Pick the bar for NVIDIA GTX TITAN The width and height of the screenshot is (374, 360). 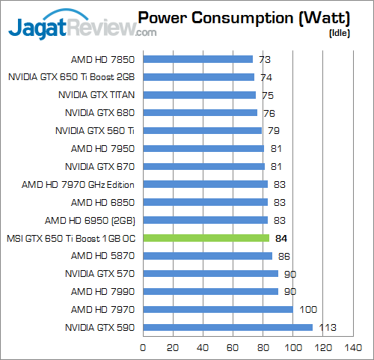pos(199,94)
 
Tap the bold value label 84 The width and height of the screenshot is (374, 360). pos(281,238)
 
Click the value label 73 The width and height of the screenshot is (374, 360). pos(264,58)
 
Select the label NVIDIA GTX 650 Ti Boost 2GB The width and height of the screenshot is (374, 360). pos(72,76)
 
